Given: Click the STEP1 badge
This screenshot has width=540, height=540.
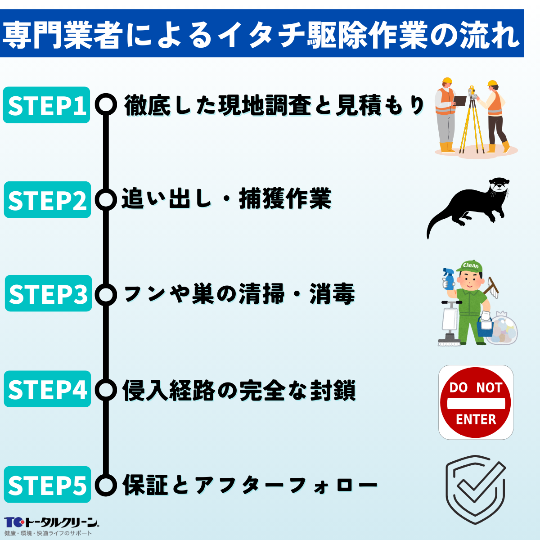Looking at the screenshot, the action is point(46,105).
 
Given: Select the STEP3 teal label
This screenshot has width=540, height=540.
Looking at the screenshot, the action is point(48,294).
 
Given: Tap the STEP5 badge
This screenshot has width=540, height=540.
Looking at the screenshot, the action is point(47,485).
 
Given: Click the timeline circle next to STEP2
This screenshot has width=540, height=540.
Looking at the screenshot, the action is point(106,200).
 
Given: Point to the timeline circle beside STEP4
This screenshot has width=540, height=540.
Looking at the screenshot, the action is point(106,390).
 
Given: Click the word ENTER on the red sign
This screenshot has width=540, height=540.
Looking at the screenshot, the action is point(476,419).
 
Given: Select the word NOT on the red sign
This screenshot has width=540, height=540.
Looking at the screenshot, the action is point(489,387).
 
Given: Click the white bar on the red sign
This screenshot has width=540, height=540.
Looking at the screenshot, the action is point(476,403).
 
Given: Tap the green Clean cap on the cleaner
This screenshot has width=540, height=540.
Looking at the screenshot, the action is point(469,266).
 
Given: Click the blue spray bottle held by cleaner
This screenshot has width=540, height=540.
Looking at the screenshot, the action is point(449,279).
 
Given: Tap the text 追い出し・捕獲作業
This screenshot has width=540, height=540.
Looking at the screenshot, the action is point(226,200).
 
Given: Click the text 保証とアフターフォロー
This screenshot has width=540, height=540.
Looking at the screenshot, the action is point(250,485).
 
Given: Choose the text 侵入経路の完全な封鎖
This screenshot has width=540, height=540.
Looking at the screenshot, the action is point(239,390).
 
